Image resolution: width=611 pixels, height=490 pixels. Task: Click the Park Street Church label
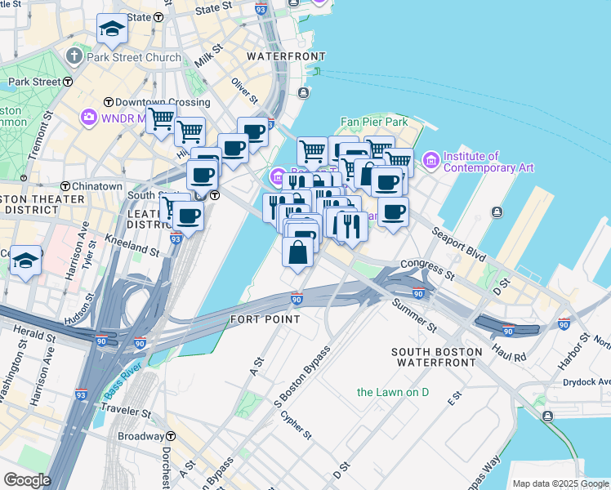coord(134,57)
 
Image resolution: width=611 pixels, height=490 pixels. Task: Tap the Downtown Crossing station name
coord(162,102)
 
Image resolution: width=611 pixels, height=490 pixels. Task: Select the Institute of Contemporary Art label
coord(488,162)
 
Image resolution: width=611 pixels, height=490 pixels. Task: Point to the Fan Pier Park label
coord(374,122)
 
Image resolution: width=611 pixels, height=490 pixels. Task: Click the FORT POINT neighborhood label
coord(265,318)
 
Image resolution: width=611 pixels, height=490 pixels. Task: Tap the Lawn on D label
coord(393,392)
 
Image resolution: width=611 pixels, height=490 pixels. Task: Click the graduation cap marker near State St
coord(111,30)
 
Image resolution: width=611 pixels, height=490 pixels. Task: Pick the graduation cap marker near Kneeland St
coord(26,261)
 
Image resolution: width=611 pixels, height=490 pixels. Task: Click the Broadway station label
coord(141,437)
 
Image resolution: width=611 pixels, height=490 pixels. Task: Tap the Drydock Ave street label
coord(586,381)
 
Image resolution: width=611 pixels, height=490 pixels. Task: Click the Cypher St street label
coord(296,425)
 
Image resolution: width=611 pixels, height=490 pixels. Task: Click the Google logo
coord(26,480)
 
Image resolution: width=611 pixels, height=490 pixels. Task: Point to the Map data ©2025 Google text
coord(560,483)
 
